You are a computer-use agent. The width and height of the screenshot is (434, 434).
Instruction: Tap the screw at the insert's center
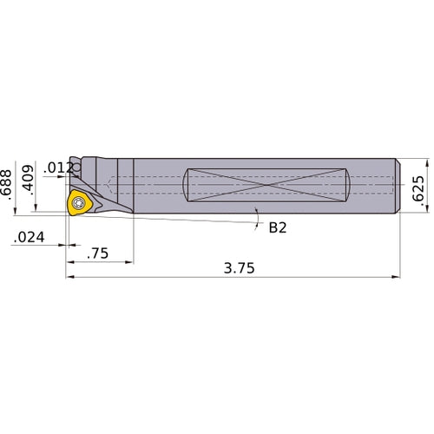78,203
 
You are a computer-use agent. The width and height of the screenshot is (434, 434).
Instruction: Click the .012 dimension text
60,168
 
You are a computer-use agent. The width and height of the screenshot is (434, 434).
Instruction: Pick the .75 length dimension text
99,253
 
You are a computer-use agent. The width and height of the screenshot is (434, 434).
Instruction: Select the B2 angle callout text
278,228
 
